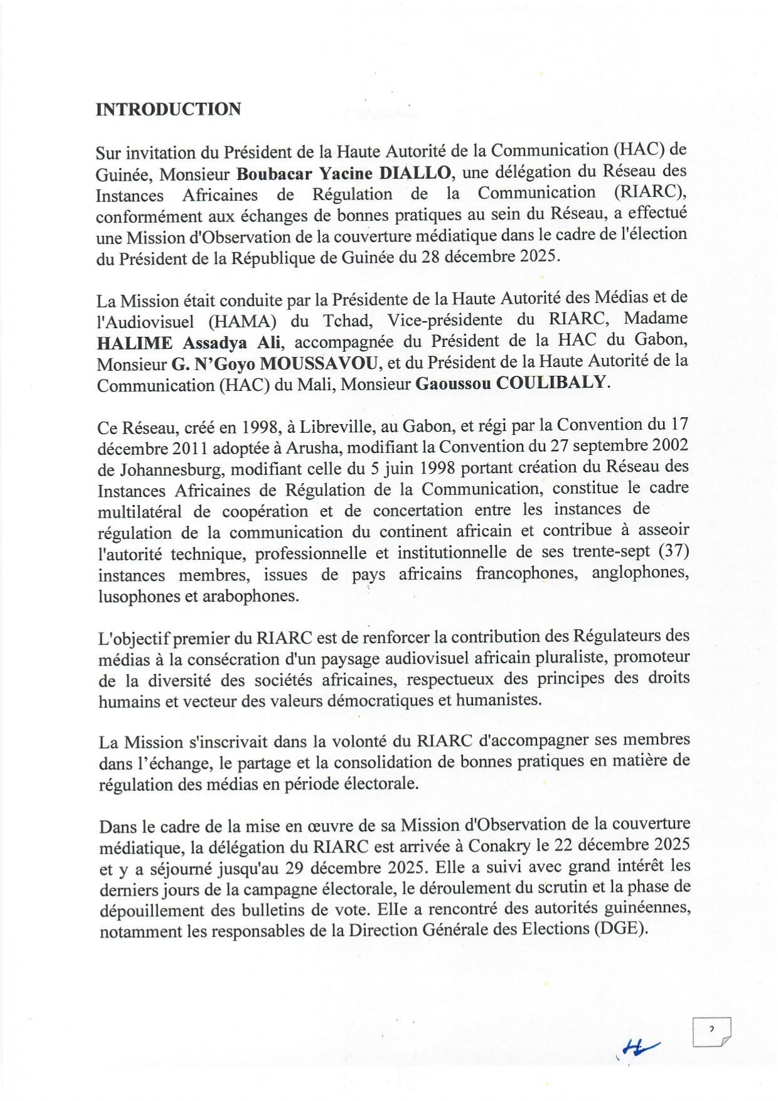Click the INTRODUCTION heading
pyautogui.click(x=168, y=109)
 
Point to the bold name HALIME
pyautogui.click(x=134, y=343)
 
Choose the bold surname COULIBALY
pyautogui.click(x=552, y=383)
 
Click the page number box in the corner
pyautogui.click(x=711, y=1032)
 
